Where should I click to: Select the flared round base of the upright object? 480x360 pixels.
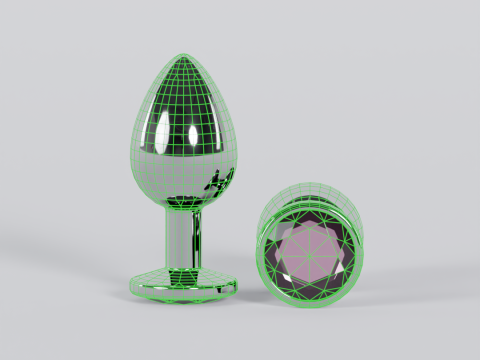click(185, 284)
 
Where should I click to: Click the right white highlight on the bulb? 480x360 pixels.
click(217, 130)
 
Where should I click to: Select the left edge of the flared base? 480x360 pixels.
click(133, 284)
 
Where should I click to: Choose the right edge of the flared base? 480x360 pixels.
click(238, 284)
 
